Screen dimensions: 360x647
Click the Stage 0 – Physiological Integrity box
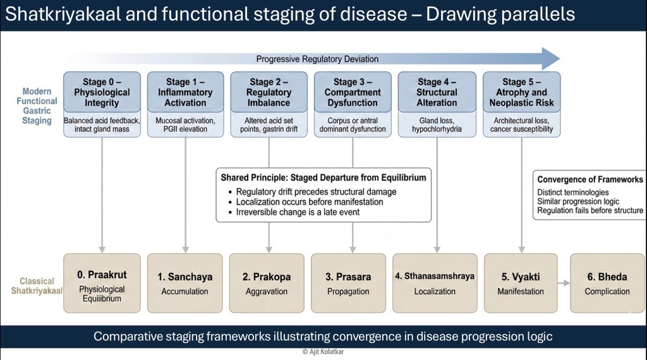click(102, 92)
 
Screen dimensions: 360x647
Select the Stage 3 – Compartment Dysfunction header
click(353, 92)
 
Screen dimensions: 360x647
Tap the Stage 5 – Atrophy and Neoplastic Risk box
click(521, 92)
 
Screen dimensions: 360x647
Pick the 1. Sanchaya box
click(185, 283)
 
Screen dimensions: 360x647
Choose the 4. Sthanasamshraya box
click(435, 283)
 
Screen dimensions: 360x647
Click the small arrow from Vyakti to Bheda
click(564, 283)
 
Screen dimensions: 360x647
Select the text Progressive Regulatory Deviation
click(317, 59)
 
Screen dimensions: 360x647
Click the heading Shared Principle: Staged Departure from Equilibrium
click(323, 177)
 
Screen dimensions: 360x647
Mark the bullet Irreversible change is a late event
click(298, 212)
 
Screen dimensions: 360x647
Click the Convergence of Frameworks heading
click(590, 179)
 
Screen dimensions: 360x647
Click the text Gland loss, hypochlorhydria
click(437, 124)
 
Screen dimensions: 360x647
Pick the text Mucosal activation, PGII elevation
click(185, 124)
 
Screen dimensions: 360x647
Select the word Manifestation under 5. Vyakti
click(521, 292)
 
